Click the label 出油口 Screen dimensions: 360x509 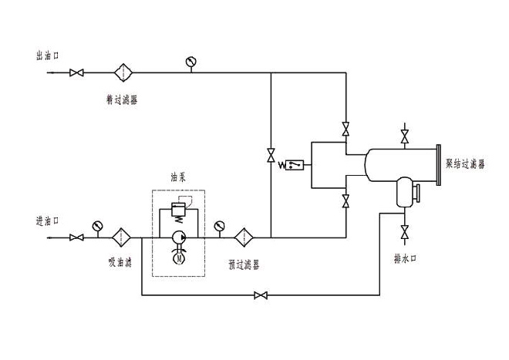(48, 56)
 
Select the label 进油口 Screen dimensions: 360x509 (48, 220)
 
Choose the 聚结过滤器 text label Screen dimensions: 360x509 (466, 164)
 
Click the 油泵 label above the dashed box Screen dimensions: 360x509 (179, 177)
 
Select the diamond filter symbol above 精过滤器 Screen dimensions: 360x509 (123, 73)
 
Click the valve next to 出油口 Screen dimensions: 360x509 (76, 73)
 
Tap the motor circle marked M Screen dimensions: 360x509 (179, 260)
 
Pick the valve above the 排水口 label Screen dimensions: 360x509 (404, 230)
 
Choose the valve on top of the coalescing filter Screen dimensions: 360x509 (404, 138)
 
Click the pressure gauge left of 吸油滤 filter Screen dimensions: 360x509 (97, 226)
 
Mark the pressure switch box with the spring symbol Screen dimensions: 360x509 (295, 165)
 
